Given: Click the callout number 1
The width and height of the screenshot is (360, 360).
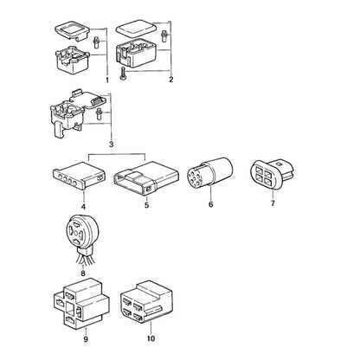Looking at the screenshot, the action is click(107, 80).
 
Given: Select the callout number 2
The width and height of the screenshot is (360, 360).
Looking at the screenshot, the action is click(171, 80).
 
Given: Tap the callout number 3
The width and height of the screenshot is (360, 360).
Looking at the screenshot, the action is click(112, 145).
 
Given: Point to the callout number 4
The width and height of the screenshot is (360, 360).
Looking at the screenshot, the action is click(83, 207).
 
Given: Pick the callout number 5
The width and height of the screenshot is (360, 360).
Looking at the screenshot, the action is click(147, 205).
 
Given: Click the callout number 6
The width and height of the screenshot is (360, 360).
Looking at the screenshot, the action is click(211, 204).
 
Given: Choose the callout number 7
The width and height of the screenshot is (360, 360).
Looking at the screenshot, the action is click(273, 203).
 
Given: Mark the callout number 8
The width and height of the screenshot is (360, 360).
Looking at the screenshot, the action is click(83, 273).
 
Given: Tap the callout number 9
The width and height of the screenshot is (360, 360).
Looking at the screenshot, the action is click(86, 339).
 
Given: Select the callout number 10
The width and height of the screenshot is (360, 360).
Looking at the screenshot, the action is click(151, 338).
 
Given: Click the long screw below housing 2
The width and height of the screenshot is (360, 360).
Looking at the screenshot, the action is click(122, 74).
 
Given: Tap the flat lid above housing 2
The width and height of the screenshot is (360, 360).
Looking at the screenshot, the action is click(136, 28).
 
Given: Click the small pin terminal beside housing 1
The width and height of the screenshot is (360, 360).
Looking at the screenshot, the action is click(96, 42).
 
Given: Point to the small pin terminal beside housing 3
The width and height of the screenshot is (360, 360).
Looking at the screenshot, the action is click(100, 113).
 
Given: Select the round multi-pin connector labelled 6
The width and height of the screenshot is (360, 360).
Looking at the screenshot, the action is click(210, 172).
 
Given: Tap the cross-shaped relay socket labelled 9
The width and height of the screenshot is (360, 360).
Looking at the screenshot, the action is click(81, 303).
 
